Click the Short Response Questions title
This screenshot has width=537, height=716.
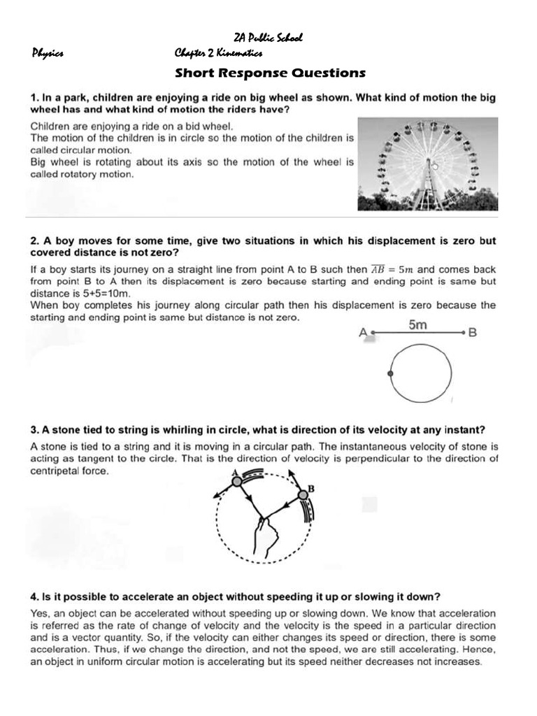coord(270,73)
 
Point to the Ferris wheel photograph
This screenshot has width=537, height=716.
coord(428,164)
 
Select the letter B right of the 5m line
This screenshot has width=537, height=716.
coord(472,334)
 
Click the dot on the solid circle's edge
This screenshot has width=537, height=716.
coord(390,375)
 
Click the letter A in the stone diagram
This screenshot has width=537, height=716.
coord(234,473)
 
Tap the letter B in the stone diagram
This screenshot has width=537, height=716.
coord(311,489)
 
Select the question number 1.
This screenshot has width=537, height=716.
coord(33,98)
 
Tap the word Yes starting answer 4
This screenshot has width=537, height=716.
coord(39,613)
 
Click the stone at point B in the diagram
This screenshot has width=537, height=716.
coord(303,496)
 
